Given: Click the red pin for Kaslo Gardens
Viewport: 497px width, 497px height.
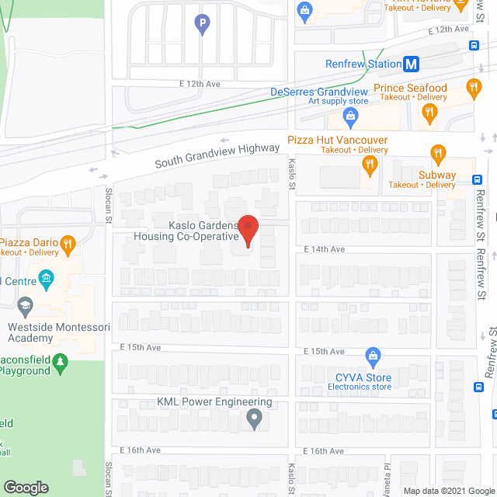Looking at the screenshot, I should pos(248,228).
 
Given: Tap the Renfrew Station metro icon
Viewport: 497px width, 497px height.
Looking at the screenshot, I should pos(413,64).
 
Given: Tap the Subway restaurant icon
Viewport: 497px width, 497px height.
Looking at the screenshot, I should pos(438,153).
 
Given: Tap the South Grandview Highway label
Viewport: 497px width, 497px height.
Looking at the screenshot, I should pos(217,155).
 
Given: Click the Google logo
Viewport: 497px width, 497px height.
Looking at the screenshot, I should pos(26,487).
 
